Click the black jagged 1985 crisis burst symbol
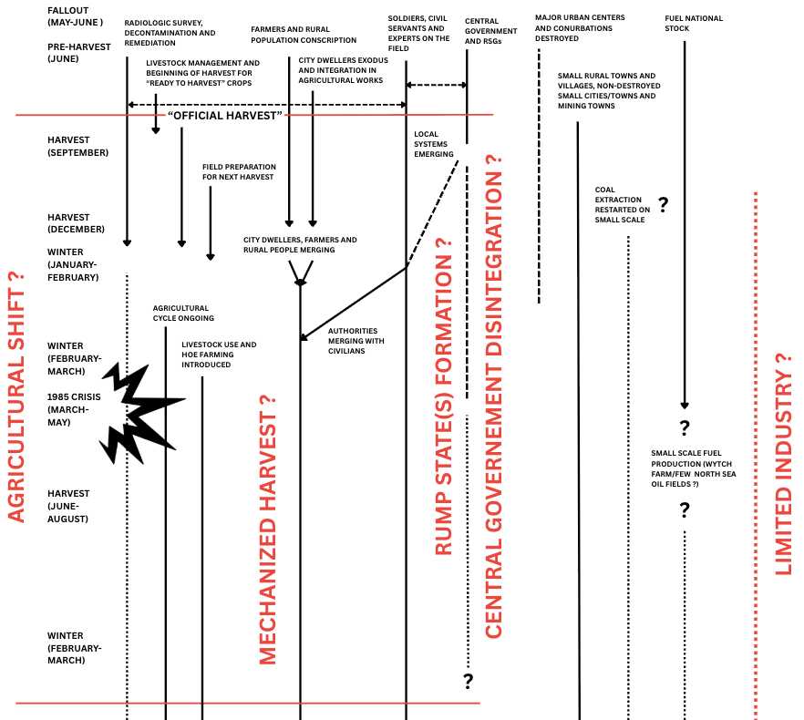pyautogui.click(x=139, y=411)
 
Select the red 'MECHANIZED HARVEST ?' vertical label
pyautogui.click(x=268, y=529)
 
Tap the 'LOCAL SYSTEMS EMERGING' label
pyautogui.click(x=433, y=144)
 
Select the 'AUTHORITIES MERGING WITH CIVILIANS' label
pyautogui.click(x=356, y=341)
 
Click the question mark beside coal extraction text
pyautogui.click(x=664, y=205)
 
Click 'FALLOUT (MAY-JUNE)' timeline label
pyautogui.click(x=76, y=15)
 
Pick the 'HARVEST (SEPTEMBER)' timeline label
pyautogui.click(x=77, y=146)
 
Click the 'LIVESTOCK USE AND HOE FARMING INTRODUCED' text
pyautogui.click(x=219, y=355)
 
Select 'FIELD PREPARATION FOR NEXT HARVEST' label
pyautogui.click(x=239, y=171)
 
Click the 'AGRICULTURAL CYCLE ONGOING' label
pyautogui.click(x=183, y=313)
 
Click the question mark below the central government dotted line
pyautogui.click(x=469, y=680)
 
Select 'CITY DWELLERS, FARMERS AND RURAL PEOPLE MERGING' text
pyautogui.click(x=300, y=244)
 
